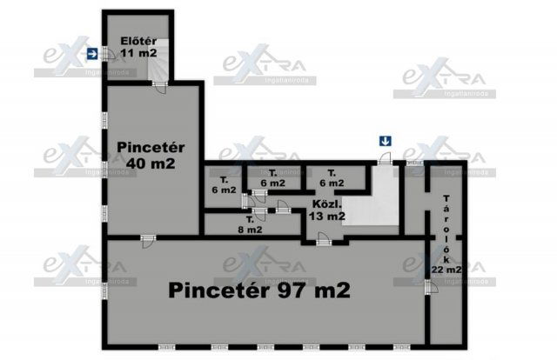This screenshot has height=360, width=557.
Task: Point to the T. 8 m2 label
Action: tap(251, 224)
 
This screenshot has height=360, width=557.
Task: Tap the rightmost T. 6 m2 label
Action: tap(331, 178)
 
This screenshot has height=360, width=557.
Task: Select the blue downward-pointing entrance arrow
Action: tap(384, 141)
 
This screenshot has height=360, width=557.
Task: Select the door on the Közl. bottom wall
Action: tap(324, 239)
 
